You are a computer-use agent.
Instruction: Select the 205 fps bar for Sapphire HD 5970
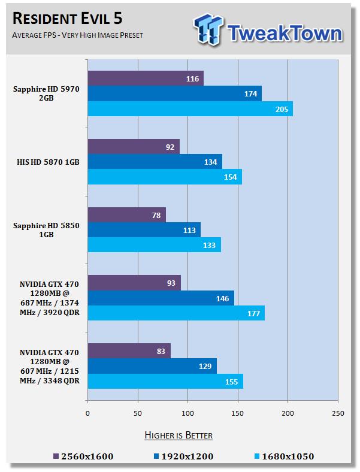(x=190, y=109)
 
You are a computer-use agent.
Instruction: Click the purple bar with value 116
(x=146, y=78)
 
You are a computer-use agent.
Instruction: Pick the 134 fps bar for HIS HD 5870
(x=155, y=161)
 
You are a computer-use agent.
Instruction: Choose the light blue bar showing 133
(x=154, y=244)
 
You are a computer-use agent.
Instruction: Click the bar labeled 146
(x=161, y=298)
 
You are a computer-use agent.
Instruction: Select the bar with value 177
(x=176, y=313)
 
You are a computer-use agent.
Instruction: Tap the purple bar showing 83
(x=129, y=350)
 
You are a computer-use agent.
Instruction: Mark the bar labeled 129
(x=152, y=365)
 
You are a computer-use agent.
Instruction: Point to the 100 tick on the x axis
(x=188, y=413)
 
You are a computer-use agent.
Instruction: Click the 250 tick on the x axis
(x=338, y=413)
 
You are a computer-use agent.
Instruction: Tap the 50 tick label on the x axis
(x=138, y=413)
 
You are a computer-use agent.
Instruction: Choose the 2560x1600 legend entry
(x=84, y=456)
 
